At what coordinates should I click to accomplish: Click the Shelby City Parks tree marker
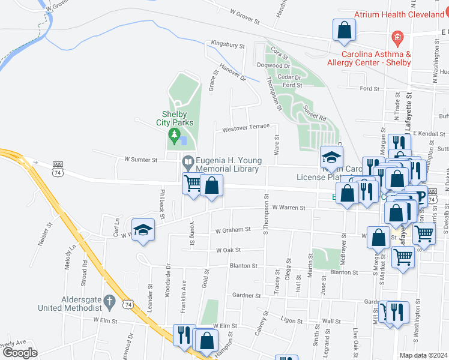coord(174,134)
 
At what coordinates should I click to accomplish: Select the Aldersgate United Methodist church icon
coord(109,299)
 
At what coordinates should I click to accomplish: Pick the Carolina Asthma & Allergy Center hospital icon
coord(396,38)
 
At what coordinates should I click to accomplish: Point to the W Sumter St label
coord(140,160)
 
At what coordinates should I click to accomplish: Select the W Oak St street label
coord(228,250)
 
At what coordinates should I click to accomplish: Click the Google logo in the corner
coord(20,353)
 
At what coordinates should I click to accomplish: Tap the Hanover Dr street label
coord(233,73)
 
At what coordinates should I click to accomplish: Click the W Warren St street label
coord(289,208)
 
